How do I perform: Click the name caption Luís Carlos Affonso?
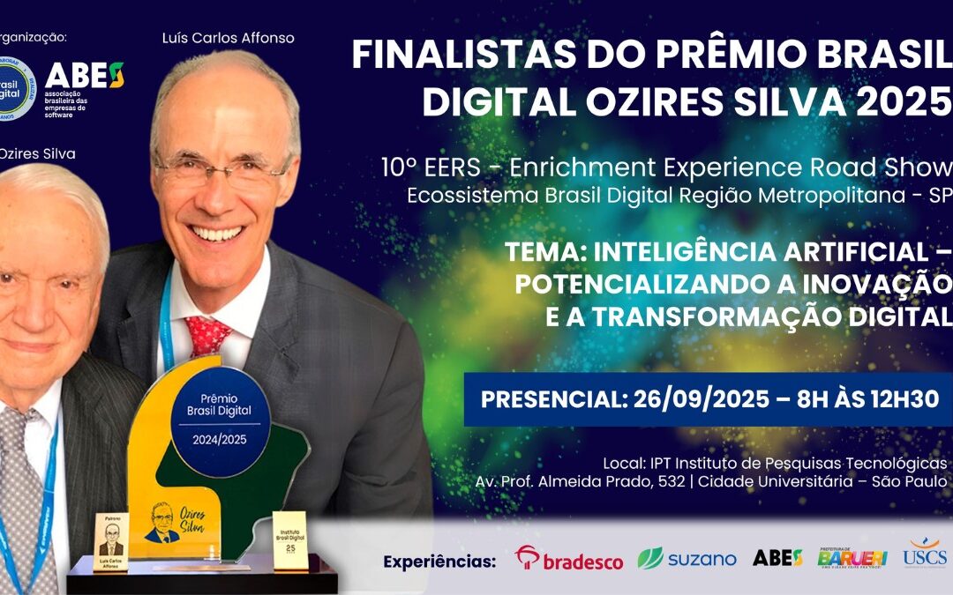click(228, 38)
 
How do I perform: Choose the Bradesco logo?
click(569, 559)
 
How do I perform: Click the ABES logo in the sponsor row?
click(777, 557)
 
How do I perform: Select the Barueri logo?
click(852, 557)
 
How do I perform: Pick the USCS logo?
click(924, 553)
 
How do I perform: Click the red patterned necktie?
click(207, 336)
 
